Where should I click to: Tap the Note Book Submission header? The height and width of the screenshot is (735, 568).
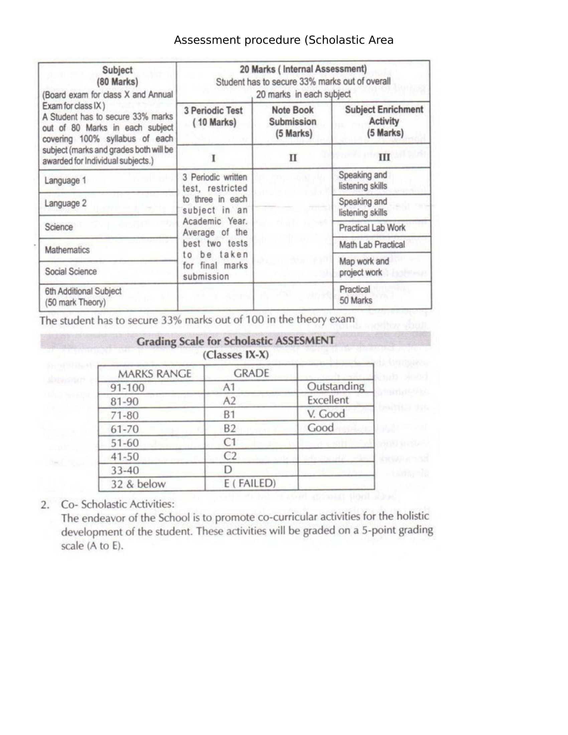point(292,122)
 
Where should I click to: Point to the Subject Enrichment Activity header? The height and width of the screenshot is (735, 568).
point(384,121)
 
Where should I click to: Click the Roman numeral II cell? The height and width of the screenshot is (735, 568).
point(293,157)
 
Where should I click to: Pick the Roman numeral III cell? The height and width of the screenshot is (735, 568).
point(384,157)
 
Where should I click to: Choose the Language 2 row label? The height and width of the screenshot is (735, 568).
point(65,203)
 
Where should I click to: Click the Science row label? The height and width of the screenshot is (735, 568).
point(59,227)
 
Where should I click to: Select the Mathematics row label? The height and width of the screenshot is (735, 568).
point(67,250)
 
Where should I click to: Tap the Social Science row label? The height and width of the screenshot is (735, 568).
point(70,271)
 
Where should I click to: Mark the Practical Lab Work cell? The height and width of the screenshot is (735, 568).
point(372,228)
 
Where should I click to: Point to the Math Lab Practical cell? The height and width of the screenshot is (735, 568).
point(372,245)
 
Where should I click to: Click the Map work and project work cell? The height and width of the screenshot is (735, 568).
point(364,267)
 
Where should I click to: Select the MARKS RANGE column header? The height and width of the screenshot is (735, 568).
point(154,374)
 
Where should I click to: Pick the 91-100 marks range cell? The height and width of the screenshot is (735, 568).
point(128,388)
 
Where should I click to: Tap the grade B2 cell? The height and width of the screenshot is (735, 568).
point(230,428)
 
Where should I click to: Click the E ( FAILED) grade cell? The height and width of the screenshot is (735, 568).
point(250,483)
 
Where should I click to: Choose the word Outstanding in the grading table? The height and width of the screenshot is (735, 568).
point(335,386)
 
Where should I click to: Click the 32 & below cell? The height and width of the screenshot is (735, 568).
point(138,484)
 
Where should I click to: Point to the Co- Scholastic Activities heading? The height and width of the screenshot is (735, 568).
point(118,504)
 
